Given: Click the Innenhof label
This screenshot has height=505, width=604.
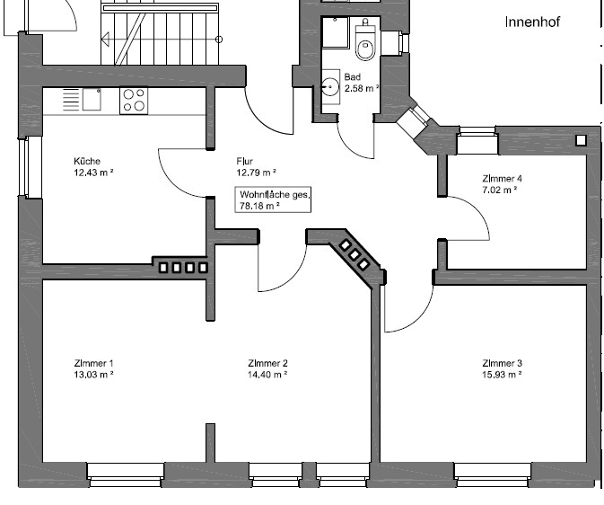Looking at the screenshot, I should [531, 22].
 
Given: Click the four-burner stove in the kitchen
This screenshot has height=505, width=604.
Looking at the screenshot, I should [134, 100].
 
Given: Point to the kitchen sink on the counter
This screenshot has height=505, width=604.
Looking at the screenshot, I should [92, 99].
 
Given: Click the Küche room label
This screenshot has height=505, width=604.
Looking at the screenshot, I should [87, 162].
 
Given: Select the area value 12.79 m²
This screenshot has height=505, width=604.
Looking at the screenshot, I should [256, 173].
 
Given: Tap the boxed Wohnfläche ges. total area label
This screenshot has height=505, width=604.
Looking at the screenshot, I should [273, 199].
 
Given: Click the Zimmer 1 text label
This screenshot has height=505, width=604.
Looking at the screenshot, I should [93, 363].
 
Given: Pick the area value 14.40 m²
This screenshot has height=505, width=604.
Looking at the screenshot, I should [267, 375].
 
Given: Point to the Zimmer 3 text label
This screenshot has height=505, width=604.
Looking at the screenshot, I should [501, 363].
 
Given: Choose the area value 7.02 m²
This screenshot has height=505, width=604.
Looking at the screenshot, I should [501, 190].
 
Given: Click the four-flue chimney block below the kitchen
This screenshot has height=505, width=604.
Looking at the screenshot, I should [183, 267].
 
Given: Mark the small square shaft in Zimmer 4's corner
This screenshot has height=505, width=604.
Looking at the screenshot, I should [581, 139].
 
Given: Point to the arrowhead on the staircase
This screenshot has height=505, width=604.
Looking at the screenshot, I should [105, 39].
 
